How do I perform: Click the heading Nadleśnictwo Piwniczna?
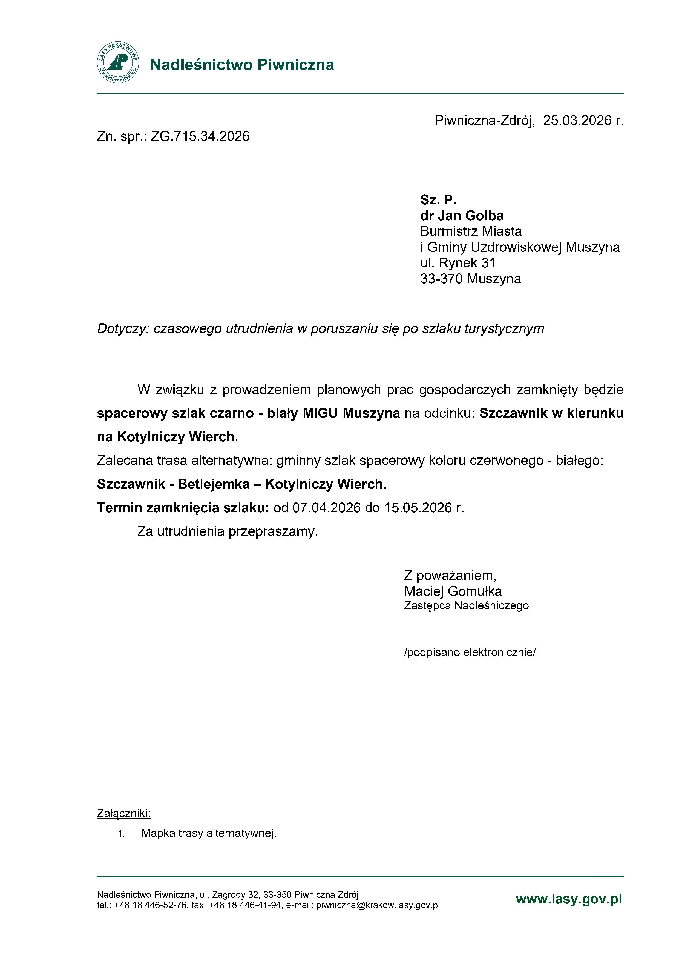pos(242,65)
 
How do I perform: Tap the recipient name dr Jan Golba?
pos(462,216)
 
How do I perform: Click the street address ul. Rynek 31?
pos(458,263)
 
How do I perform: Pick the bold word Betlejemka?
pos(214,484)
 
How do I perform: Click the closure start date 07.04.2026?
pos(326,508)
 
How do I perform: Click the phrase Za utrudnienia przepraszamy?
pos(228,531)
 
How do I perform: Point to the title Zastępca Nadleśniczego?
pos(466,606)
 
